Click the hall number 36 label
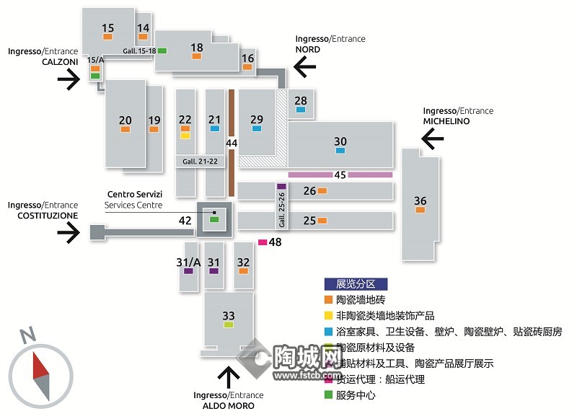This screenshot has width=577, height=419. pyautogui.click(x=420, y=200)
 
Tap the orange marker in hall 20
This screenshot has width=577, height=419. pyautogui.click(x=125, y=129)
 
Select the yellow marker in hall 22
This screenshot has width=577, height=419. pyautogui.click(x=185, y=135)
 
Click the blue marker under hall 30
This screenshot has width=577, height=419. pyautogui.click(x=340, y=151)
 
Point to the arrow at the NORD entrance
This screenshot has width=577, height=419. pyautogui.click(x=305, y=69)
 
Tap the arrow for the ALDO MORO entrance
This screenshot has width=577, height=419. pyautogui.click(x=229, y=377)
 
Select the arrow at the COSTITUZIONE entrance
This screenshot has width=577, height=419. pyautogui.click(x=68, y=232)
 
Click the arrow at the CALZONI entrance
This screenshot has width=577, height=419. pyautogui.click(x=69, y=79)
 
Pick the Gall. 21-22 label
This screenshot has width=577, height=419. pyautogui.click(x=200, y=162)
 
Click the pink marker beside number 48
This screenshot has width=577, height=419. pyautogui.click(x=263, y=242)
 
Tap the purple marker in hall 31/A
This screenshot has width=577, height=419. pyautogui.click(x=188, y=271)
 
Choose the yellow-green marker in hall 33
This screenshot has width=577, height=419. pyautogui.click(x=229, y=325)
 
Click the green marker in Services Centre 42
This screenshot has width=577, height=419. pyautogui.click(x=214, y=219)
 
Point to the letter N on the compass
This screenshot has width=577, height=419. pyautogui.click(x=27, y=335)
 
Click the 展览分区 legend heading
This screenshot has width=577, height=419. pyautogui.click(x=356, y=284)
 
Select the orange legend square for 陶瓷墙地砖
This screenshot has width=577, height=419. pyautogui.click(x=328, y=299)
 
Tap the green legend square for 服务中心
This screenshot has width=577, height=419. pyautogui.click(x=328, y=394)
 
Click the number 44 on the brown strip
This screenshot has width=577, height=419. pyautogui.click(x=232, y=144)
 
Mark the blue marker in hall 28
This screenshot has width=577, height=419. pyautogui.click(x=301, y=110)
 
